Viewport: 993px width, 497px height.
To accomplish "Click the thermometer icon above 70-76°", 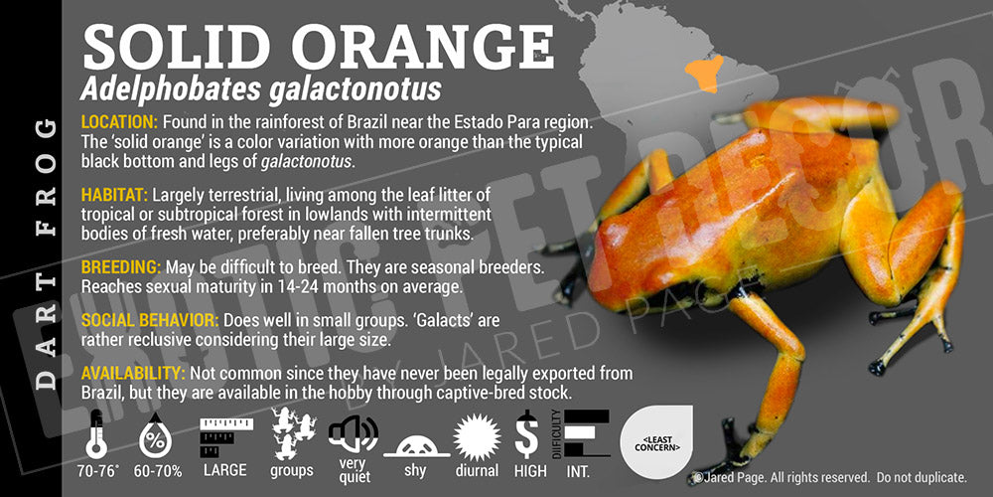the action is coord(95,433).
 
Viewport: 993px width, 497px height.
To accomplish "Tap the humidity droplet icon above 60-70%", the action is coord(155,435).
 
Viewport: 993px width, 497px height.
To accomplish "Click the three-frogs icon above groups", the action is coord(293,433).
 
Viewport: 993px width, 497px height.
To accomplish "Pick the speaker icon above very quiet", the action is coord(354,435).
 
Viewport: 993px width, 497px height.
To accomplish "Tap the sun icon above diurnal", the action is coord(477,436).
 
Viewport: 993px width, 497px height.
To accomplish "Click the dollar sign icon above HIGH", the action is coord(526,434).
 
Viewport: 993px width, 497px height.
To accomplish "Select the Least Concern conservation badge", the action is coord(656,442).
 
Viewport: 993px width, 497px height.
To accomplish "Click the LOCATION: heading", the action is coord(119,121).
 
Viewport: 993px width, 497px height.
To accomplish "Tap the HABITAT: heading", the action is coord(114,194).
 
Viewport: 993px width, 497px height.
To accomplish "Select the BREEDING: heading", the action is coord(121,266).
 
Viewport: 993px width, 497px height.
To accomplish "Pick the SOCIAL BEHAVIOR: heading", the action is coord(150,320).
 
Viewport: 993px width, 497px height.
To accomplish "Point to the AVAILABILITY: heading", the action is coord(133,373).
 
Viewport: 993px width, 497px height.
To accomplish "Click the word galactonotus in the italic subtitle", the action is coord(355,90).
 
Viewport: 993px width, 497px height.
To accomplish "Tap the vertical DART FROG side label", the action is coord(46,253).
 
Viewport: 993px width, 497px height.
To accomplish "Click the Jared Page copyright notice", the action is coord(830,477).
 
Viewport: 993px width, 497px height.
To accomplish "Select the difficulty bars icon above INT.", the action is coord(582,433).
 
